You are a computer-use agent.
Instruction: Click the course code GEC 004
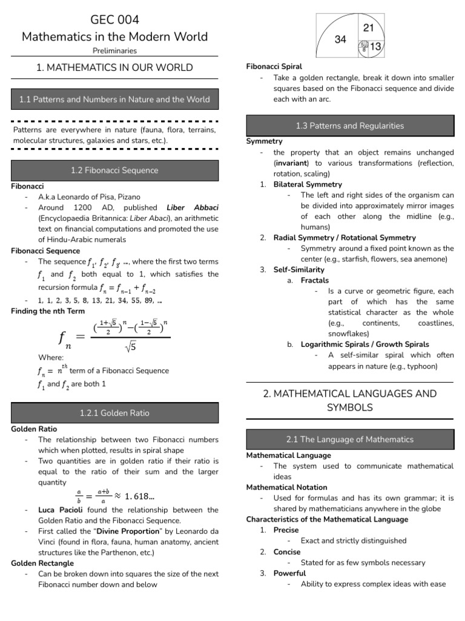click(x=114, y=20)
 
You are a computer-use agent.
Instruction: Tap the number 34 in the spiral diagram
click(x=340, y=39)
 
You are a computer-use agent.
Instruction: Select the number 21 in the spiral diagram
click(x=369, y=29)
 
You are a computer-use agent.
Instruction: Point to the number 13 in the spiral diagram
click(x=375, y=47)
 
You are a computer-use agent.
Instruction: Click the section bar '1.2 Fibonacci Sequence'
click(x=114, y=170)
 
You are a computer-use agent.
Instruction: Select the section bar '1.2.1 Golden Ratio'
click(x=114, y=413)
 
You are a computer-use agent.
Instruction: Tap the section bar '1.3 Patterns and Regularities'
click(x=349, y=126)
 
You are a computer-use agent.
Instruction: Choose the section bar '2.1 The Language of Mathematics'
click(x=349, y=438)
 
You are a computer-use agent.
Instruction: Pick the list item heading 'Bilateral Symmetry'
click(x=308, y=184)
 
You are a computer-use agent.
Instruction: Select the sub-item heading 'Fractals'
click(x=315, y=280)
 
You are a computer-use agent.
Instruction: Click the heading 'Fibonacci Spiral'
click(x=274, y=66)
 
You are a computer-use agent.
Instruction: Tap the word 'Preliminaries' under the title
click(x=114, y=51)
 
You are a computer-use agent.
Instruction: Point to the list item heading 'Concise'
click(x=286, y=552)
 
